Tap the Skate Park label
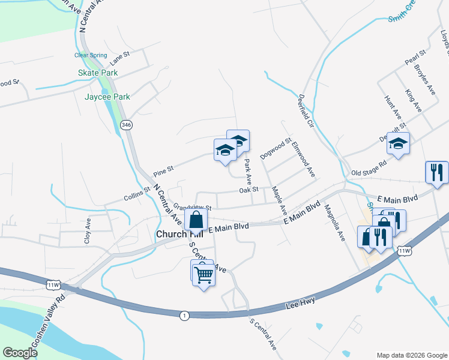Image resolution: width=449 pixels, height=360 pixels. pos(98,73)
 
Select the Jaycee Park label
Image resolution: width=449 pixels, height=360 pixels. pos(107,96)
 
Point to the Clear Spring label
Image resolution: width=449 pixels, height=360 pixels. pos(89,55)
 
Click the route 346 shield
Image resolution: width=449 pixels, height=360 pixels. pos(126,125)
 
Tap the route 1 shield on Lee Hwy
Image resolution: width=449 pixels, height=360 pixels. pos(184,315)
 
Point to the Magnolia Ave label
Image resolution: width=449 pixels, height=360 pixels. pos(335,223)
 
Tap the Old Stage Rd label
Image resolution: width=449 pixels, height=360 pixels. pos(369,167)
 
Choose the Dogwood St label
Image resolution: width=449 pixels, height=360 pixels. pos(275,148)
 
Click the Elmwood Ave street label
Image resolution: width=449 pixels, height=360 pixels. pos(303,159)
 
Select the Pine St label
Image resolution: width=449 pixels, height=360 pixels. pos(163,170)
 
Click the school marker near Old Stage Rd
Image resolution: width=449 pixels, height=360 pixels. pos(397,144)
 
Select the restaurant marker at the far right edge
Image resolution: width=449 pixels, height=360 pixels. pos(436,173)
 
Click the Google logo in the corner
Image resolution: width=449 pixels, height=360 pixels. pos(20,352)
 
